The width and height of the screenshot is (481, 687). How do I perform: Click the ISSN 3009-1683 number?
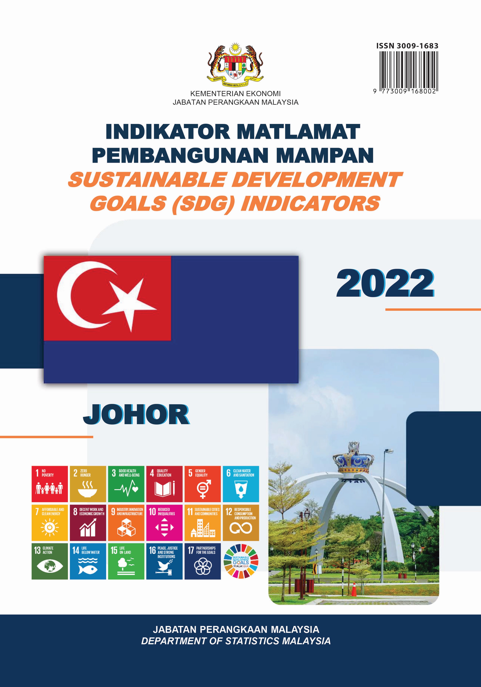click(x=407, y=46)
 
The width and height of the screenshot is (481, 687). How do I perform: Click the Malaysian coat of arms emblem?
click(x=235, y=64)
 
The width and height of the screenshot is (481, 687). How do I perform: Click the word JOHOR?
click(x=136, y=414)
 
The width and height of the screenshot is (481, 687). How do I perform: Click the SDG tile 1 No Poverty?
click(x=50, y=484)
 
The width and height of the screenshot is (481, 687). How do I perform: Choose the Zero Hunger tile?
click(x=88, y=484)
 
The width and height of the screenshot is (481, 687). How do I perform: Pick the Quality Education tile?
click(x=164, y=484)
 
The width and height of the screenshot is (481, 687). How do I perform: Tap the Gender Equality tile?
click(x=203, y=484)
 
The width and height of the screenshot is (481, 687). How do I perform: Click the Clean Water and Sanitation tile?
click(x=241, y=484)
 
